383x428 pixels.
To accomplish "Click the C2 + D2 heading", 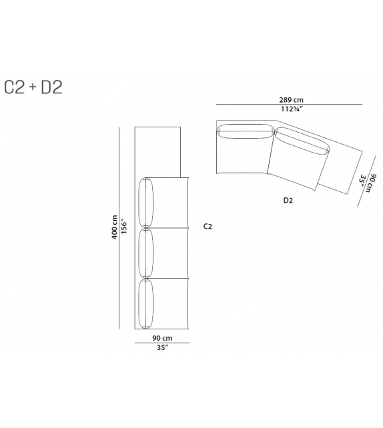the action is pos(33,87).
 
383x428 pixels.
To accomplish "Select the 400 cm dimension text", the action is pos(115,227).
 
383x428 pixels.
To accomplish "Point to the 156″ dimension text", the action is pos(124,226).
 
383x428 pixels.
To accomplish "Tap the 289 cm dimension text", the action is pos(291,100).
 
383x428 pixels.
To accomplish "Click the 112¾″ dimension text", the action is pos(292,109).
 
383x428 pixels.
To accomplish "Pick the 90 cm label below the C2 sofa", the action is pos(162,338).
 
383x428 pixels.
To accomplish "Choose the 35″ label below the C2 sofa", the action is pos(162,348).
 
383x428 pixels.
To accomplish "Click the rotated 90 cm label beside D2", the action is pos(372,183).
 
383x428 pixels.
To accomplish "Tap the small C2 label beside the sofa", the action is pos(208,227).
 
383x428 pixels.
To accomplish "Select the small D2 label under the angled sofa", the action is pos(288,201).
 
